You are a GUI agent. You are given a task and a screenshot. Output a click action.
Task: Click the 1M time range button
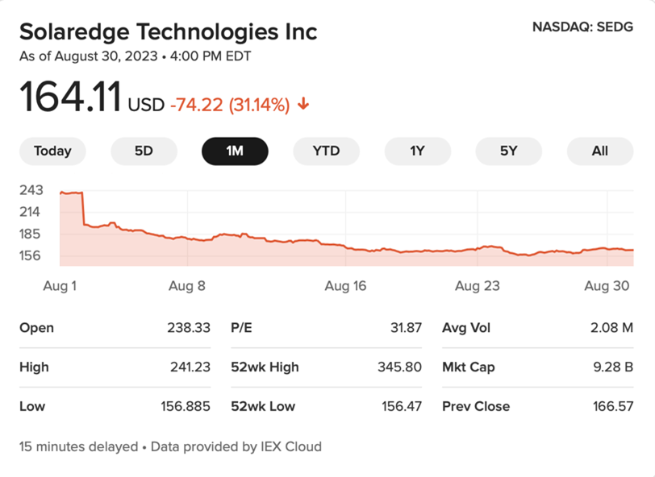tap(235, 151)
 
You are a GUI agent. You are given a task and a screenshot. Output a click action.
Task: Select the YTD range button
tap(326, 151)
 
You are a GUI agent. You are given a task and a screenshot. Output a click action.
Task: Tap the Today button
tap(52, 151)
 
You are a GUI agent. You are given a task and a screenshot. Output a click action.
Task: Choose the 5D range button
tap(144, 151)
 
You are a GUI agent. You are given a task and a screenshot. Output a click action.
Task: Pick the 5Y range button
tap(508, 151)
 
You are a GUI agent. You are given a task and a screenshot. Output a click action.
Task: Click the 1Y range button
tap(417, 151)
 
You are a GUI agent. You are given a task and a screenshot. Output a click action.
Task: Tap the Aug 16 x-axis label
tap(345, 285)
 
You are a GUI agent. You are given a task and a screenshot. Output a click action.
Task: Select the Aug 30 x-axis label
tap(606, 285)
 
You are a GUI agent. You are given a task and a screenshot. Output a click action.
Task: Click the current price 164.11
tap(70, 98)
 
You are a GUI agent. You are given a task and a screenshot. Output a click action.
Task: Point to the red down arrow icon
tap(303, 105)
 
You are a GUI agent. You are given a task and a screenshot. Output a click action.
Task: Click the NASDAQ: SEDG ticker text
tap(582, 27)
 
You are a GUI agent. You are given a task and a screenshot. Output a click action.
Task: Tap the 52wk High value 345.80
tap(399, 367)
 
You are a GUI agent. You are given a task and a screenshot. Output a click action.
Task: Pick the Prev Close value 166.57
tap(611, 406)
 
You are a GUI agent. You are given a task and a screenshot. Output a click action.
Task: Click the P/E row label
tap(243, 328)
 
